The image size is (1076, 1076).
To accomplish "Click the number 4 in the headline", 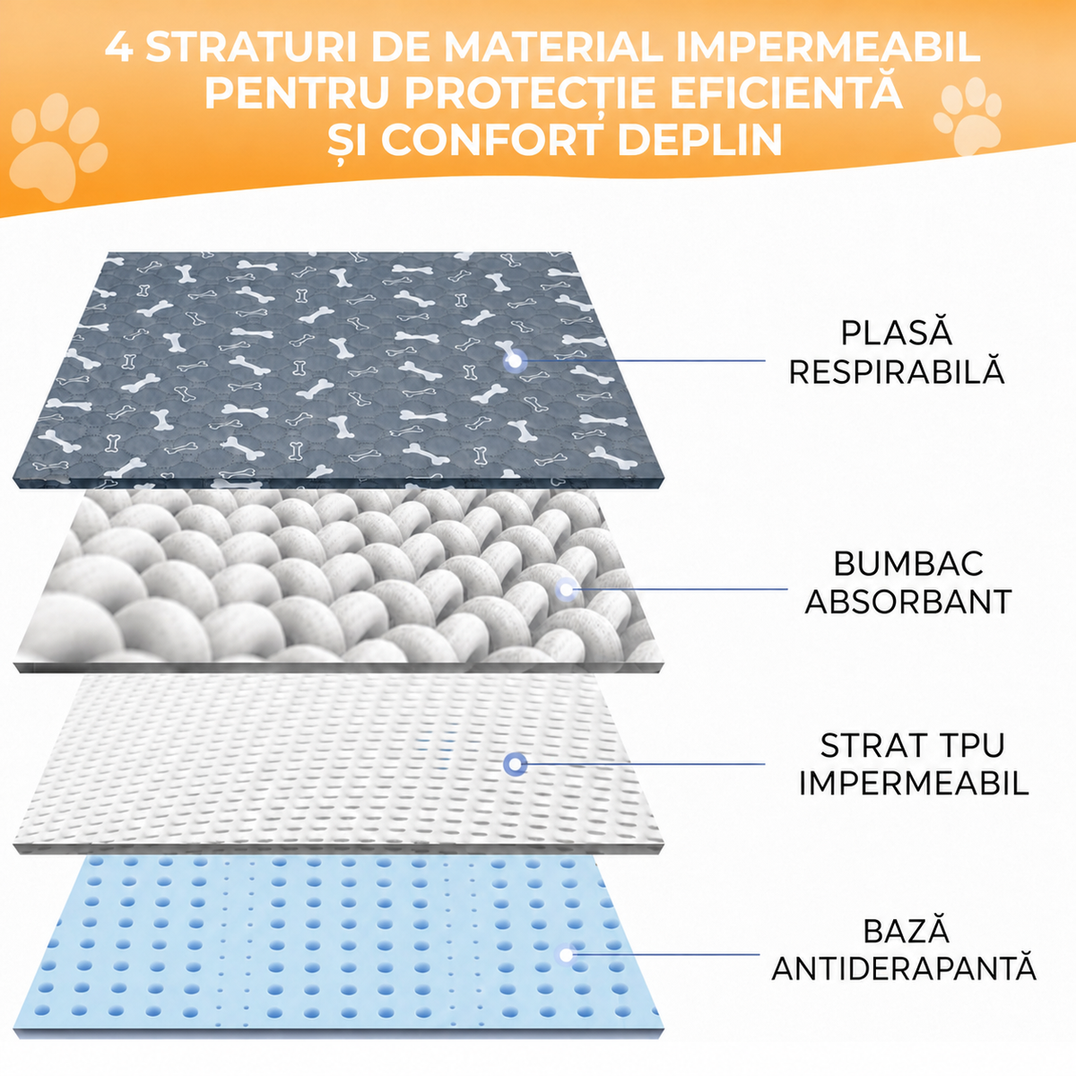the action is click(x=119, y=48).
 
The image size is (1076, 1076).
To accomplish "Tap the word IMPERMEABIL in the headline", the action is click(x=828, y=48).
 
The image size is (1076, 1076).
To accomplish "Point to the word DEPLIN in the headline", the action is click(x=700, y=140).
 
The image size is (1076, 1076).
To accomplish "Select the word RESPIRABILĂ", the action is click(x=896, y=370).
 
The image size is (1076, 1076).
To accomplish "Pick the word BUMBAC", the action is click(x=908, y=564).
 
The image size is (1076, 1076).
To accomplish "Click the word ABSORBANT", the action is click(x=908, y=602).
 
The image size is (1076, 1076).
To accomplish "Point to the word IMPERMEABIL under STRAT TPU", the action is click(x=914, y=783).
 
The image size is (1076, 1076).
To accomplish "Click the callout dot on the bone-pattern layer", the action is click(x=515, y=361).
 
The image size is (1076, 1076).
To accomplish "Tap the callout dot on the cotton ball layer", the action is click(x=566, y=588).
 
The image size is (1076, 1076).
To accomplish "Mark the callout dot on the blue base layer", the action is click(x=566, y=955).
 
